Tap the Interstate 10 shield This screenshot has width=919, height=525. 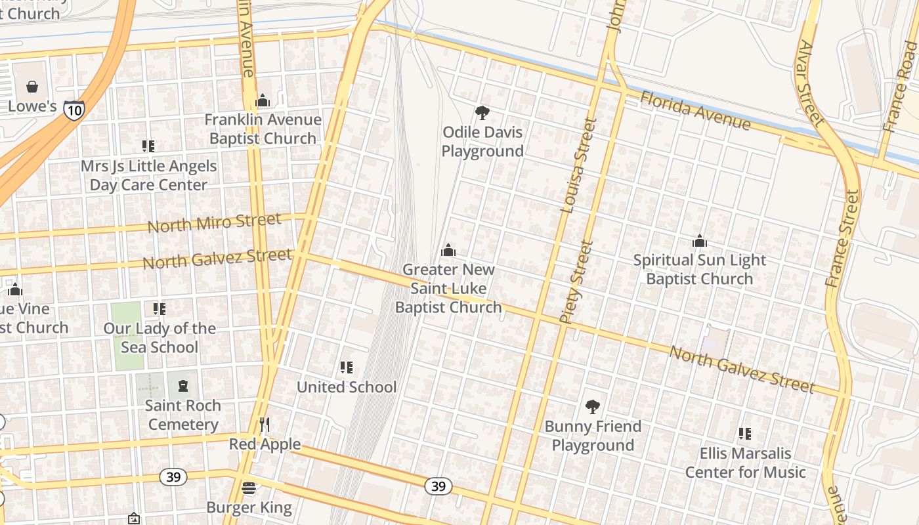[74, 110]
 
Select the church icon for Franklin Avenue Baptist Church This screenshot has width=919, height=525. [263, 100]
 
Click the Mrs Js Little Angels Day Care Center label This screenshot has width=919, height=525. [148, 175]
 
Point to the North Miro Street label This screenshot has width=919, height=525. [214, 222]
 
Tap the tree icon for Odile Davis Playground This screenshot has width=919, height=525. [482, 112]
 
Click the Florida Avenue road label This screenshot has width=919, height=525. [695, 111]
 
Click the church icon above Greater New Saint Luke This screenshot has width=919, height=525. [448, 250]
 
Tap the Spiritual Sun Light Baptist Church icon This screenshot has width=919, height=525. [700, 241]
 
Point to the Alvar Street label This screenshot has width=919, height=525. [811, 83]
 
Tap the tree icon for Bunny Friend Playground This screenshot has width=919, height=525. [593, 407]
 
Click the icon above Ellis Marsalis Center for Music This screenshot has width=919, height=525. [744, 433]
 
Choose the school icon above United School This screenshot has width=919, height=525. [346, 367]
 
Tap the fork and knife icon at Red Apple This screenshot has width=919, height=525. [265, 425]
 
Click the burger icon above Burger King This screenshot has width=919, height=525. [249, 488]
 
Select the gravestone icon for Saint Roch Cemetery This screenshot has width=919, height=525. [182, 386]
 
